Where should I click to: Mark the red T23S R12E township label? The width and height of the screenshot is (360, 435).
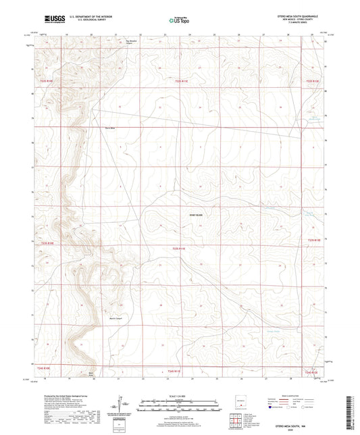(315, 240)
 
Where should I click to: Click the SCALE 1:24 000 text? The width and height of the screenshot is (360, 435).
(179, 395)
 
